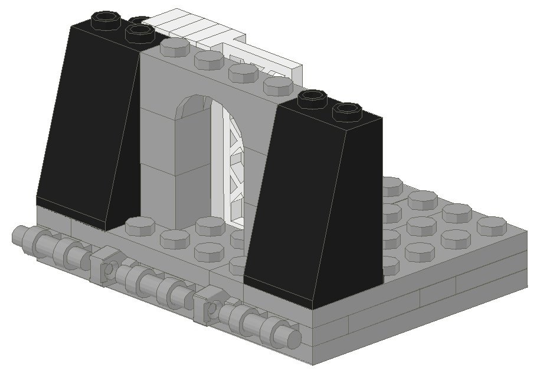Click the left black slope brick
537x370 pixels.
pyautogui.click(x=89, y=124)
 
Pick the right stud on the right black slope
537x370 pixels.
pyautogui.click(x=346, y=111)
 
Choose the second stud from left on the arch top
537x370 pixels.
pyautogui.click(x=208, y=59)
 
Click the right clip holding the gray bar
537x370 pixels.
pyautogui.click(x=208, y=304)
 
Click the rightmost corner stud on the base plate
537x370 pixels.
pyautogui.click(x=492, y=226)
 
